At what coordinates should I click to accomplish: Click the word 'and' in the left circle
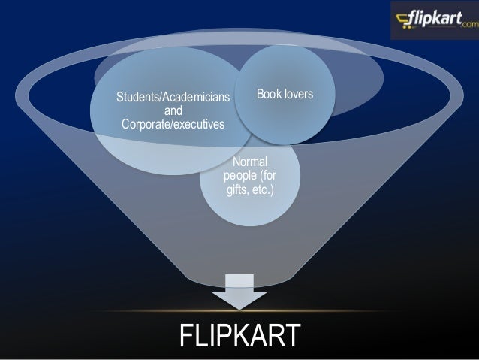[x=173, y=110]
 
